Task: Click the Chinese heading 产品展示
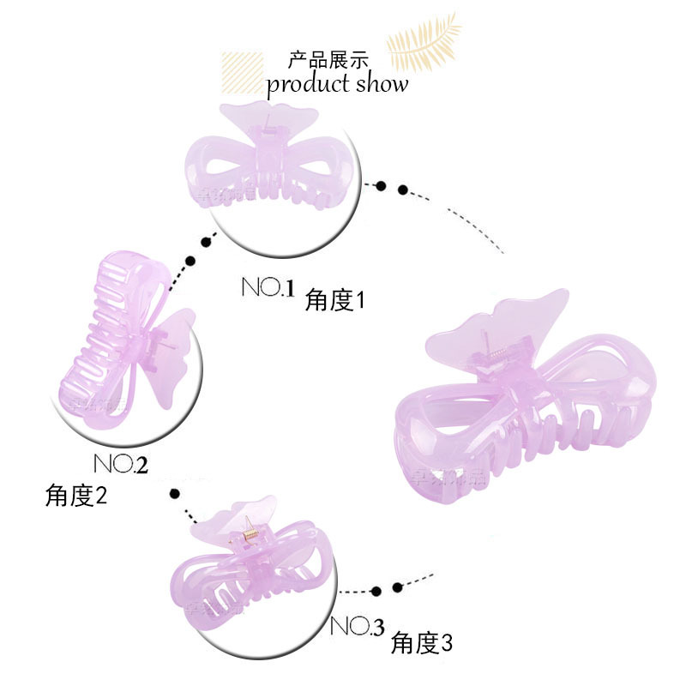[328, 60]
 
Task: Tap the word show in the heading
[382, 84]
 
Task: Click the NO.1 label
[268, 287]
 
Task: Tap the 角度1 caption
[335, 300]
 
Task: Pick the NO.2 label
[120, 464]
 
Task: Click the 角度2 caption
[76, 496]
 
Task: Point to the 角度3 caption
[421, 641]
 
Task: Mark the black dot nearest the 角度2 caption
[175, 494]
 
